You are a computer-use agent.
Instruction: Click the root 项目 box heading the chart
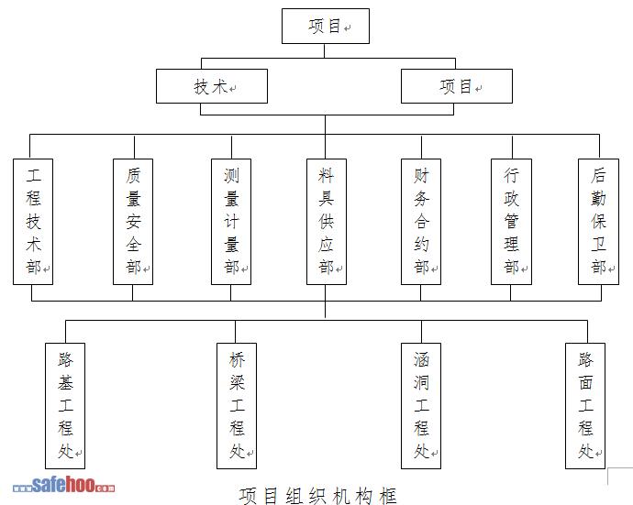pyautogui.click(x=325, y=27)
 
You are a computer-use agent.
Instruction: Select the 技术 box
pyautogui.click(x=212, y=86)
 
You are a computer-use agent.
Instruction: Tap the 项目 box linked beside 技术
pyautogui.click(x=457, y=86)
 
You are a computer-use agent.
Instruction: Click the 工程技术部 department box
pyautogui.click(x=34, y=220)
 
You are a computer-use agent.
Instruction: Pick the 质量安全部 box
pyautogui.click(x=134, y=220)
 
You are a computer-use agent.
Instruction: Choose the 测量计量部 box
pyautogui.click(x=231, y=220)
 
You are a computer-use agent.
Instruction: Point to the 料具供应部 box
pyautogui.click(x=326, y=220)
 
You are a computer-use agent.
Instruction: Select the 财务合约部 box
pyautogui.click(x=421, y=220)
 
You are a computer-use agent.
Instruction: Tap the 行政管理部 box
pyautogui.click(x=511, y=220)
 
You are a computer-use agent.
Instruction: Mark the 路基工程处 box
pyautogui.click(x=65, y=404)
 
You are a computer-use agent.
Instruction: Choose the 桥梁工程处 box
pyautogui.click(x=237, y=404)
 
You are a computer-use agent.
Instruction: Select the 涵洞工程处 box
pyautogui.click(x=421, y=404)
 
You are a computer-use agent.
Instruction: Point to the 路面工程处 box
pyautogui.click(x=585, y=404)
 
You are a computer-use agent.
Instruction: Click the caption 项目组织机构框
pyautogui.click(x=318, y=496)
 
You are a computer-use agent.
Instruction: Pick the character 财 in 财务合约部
pyautogui.click(x=421, y=173)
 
